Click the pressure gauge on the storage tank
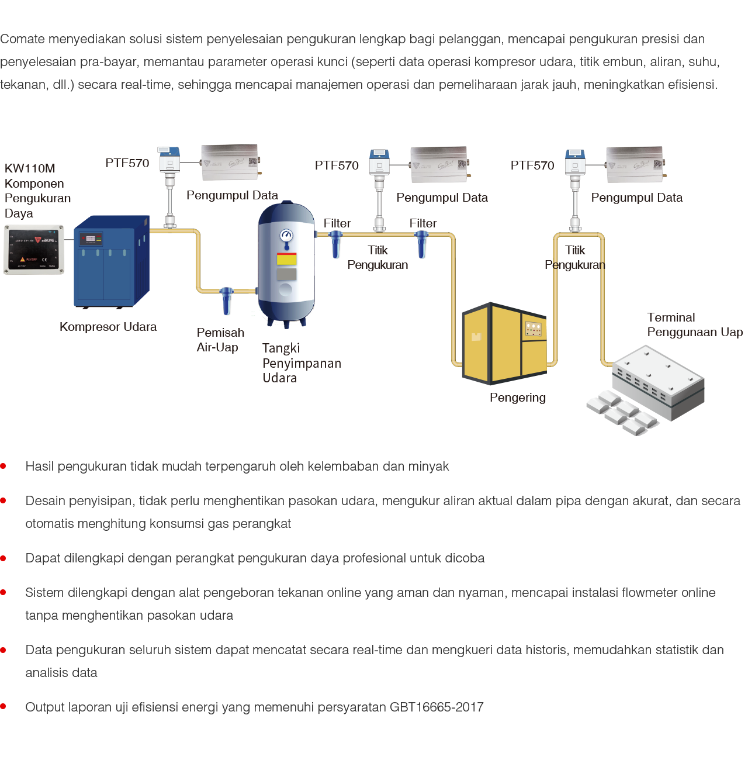pos(286,235)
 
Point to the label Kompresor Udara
pos(108,327)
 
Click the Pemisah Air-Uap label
pos(220,340)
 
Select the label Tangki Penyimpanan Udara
pos(301,363)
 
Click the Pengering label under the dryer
pos(518,398)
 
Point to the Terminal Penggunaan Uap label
pos(694,325)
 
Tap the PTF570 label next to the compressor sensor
pos(127,163)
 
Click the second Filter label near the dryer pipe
pos(423,223)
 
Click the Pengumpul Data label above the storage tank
pos(232,195)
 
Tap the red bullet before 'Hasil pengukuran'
pos(4,467)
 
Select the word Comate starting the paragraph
pos(23,40)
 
